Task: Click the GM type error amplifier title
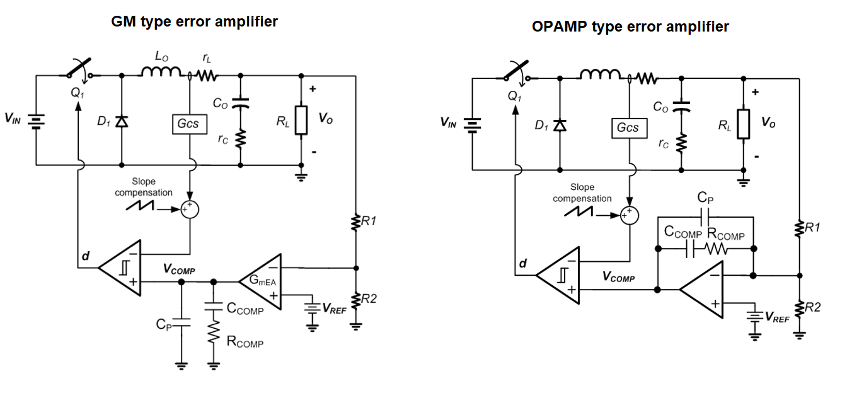pos(194,21)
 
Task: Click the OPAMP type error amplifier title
pos(630,27)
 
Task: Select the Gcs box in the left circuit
pos(189,124)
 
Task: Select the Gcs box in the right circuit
pos(628,128)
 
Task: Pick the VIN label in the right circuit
pos(451,122)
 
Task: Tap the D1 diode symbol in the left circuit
pos(121,121)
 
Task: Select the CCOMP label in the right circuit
pos(683,233)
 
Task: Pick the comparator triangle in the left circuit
pos(122,268)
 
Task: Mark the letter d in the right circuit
pos(521,262)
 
